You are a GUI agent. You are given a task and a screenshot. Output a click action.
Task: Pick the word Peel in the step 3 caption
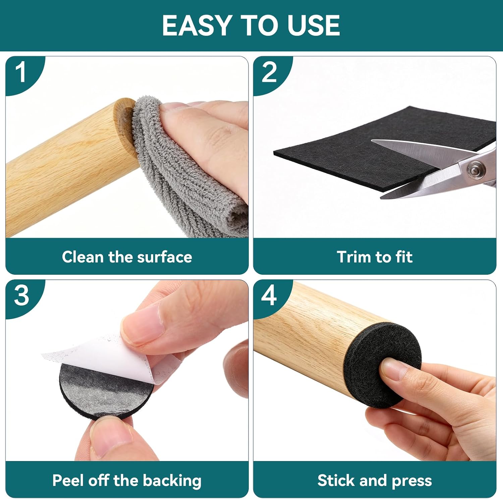coord(68,480)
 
